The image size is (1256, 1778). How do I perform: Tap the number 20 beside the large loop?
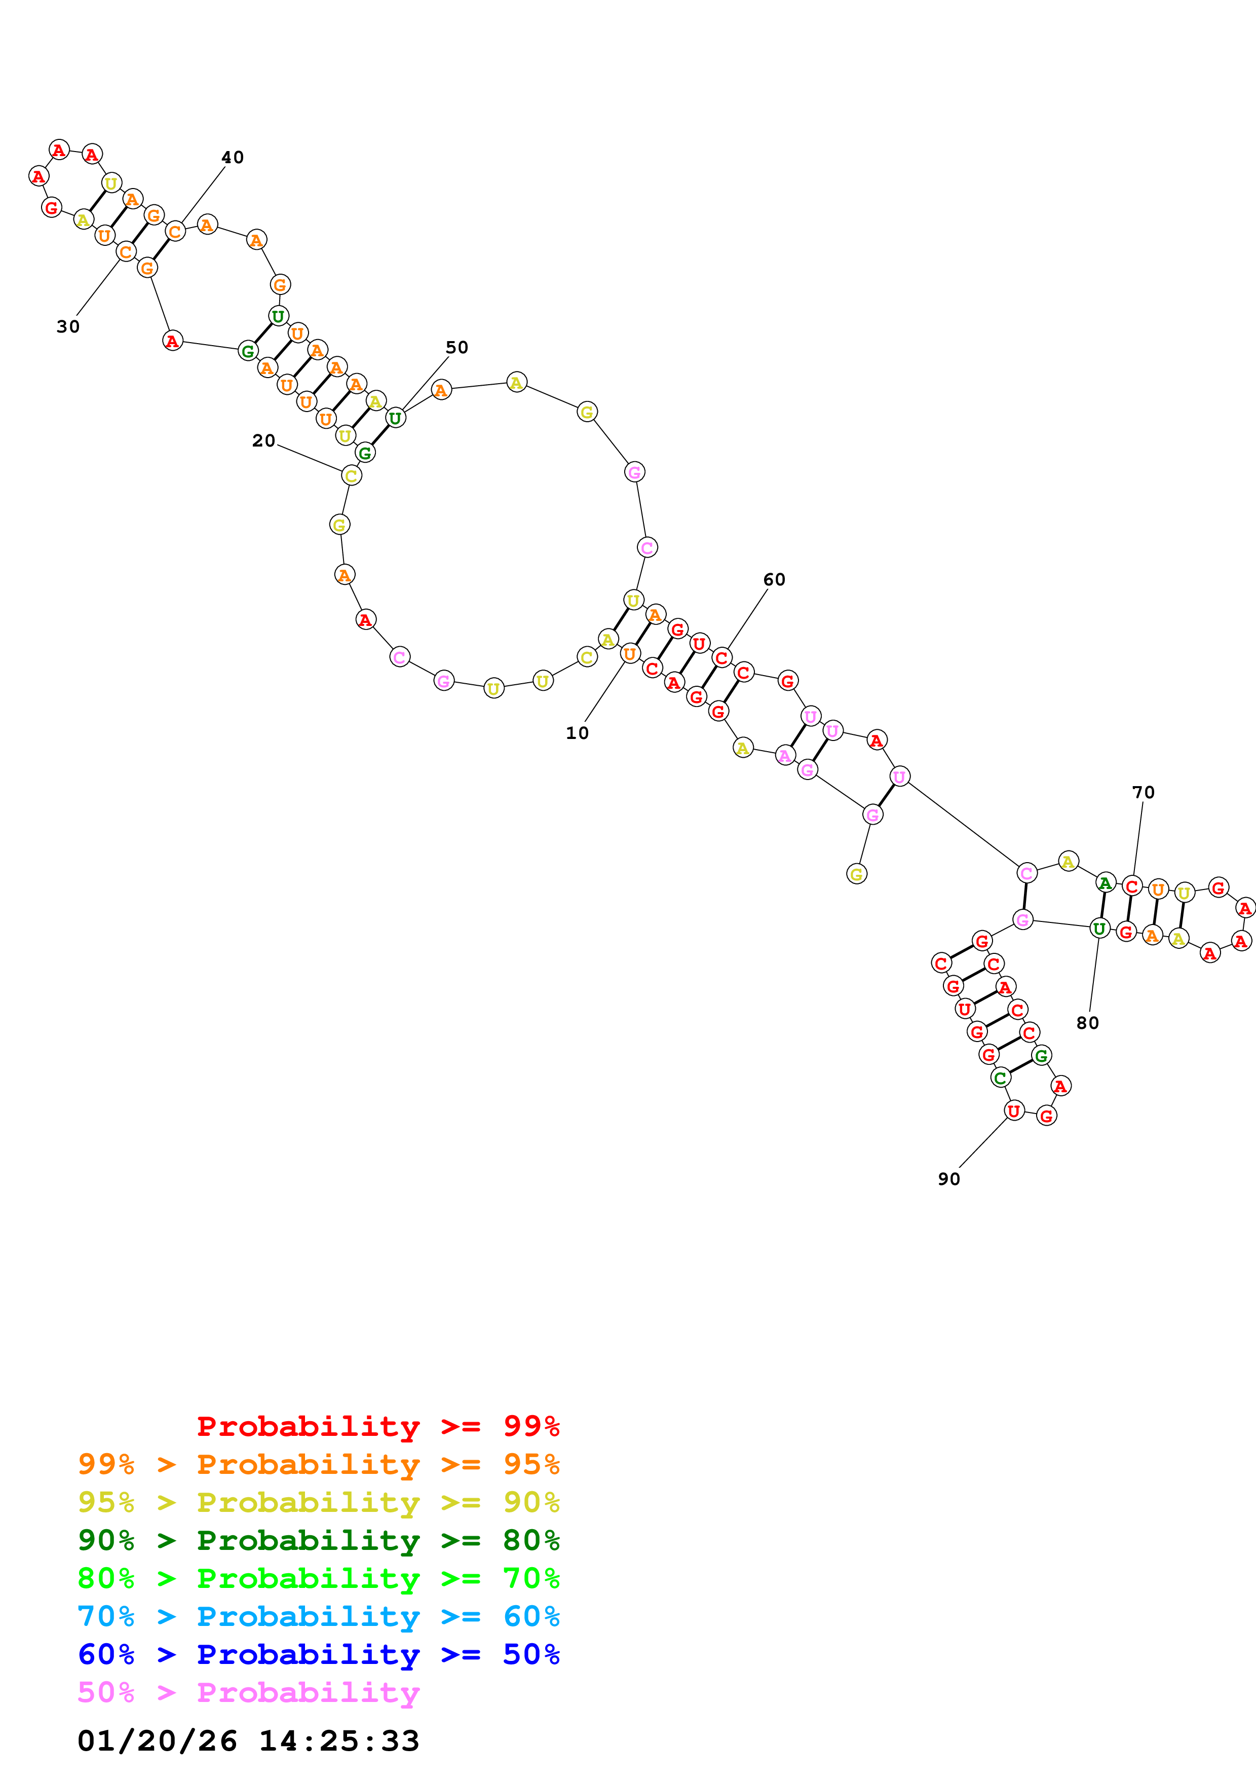click(263, 440)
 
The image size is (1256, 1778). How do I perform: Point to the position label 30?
click(68, 327)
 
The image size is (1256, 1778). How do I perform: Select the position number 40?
click(232, 157)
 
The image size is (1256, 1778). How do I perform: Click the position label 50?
click(456, 348)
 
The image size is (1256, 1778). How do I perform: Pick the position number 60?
click(774, 579)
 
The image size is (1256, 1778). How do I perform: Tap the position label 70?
click(1143, 792)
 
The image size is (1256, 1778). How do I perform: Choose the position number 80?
click(1087, 1023)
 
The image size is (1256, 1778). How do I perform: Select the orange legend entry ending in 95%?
click(318, 1464)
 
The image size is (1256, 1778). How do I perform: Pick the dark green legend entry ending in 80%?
click(318, 1540)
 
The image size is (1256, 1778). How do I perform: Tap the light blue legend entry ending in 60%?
click(318, 1616)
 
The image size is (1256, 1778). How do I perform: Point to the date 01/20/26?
click(157, 1741)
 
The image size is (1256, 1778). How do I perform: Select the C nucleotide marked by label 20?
click(351, 475)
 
